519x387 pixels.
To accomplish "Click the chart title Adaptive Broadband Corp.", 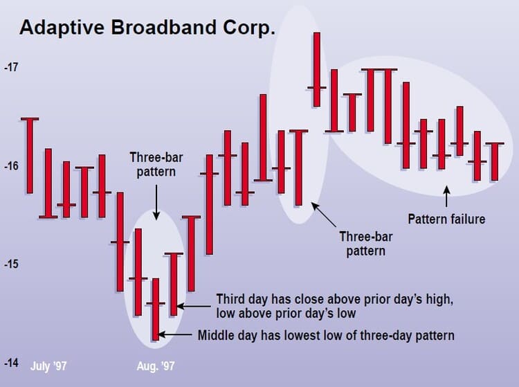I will [x=147, y=28].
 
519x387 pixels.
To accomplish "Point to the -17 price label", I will [x=12, y=69].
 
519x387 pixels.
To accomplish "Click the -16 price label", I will [x=12, y=166].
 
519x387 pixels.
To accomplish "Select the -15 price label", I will [x=12, y=264].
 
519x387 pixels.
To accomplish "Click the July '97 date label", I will [x=49, y=365].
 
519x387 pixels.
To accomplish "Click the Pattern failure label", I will [x=446, y=219].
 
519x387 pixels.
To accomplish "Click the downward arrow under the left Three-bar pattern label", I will [x=156, y=204].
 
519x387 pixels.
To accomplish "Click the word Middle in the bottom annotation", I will [x=217, y=336].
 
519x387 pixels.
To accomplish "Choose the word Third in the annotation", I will [x=230, y=299].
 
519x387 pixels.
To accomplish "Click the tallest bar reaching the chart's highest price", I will [x=317, y=69].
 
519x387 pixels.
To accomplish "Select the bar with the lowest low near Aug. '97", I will [x=156, y=309].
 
